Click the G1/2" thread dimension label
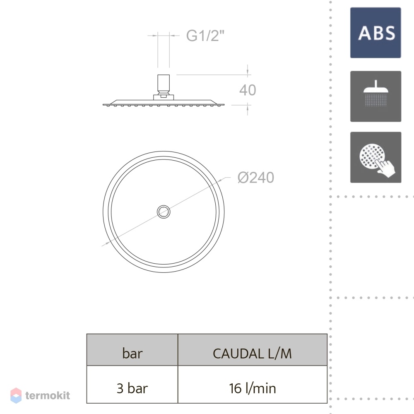coord(205,35)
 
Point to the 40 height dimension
coord(248,90)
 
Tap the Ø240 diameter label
coord(255,178)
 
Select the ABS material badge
coord(375,33)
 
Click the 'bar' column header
coord(132,353)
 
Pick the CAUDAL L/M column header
coord(252,354)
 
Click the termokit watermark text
coord(48,395)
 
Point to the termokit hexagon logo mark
coord(16,395)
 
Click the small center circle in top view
coord(164,212)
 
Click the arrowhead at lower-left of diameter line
coord(107,243)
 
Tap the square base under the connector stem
coord(164,97)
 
